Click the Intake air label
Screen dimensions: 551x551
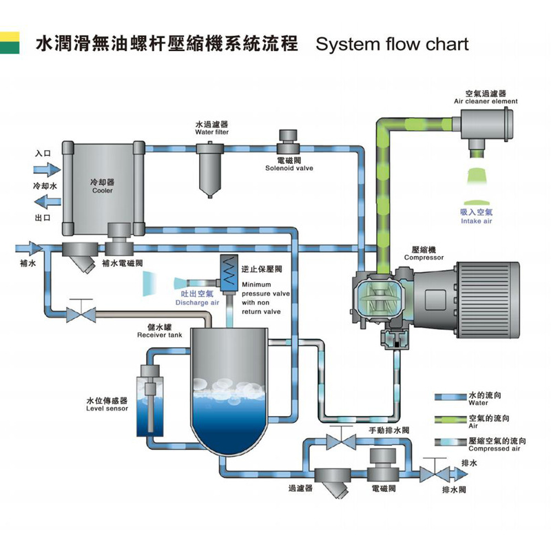(476, 217)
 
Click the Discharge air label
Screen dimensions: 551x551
(196, 298)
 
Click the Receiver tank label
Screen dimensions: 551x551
(159, 331)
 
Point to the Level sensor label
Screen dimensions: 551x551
(107, 404)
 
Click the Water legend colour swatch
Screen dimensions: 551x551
(448, 397)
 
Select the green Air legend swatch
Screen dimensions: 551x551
(448, 419)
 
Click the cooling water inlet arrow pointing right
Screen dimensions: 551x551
(47, 169)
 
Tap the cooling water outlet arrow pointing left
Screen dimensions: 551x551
(47, 202)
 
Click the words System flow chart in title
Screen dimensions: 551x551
(391, 45)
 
